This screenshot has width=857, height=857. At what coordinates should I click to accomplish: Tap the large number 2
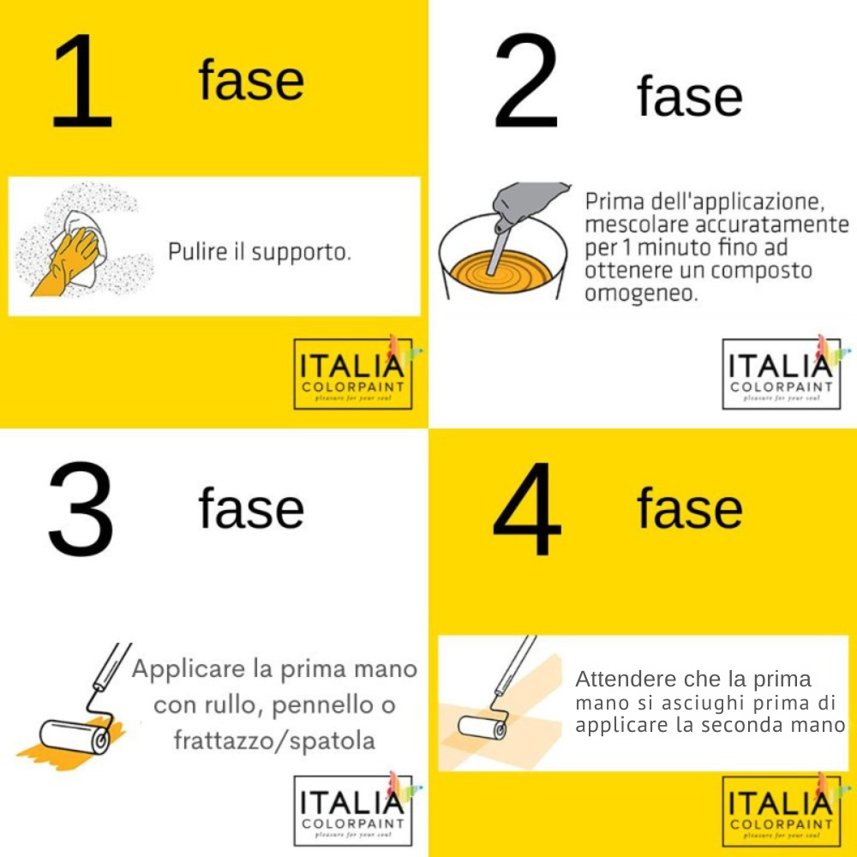pos(524,83)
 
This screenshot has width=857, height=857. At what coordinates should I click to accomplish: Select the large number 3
pos(81,509)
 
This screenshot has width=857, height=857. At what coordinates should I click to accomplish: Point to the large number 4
pos(526,509)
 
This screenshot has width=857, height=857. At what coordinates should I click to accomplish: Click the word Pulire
pos(193,253)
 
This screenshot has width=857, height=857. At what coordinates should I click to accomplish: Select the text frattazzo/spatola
pos(274,740)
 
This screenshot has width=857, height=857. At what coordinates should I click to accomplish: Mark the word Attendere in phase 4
pos(622,680)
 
